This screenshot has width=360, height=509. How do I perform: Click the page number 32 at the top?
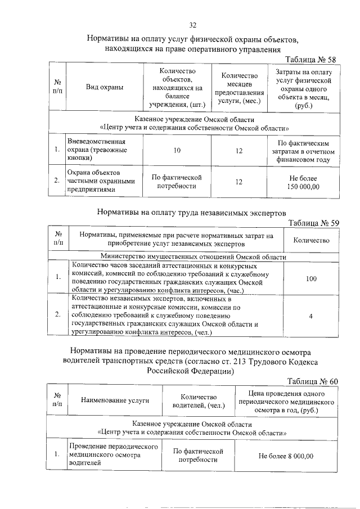(192, 25)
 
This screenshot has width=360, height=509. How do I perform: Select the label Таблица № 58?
(310, 60)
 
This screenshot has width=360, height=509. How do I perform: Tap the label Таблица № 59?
(312, 223)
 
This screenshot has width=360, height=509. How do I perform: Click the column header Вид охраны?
(104, 87)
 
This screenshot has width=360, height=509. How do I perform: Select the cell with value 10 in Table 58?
(177, 150)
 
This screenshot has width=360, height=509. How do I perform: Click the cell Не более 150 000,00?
(303, 182)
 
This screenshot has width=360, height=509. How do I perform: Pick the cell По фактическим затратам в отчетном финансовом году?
(303, 151)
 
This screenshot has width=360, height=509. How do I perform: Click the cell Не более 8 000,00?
(286, 456)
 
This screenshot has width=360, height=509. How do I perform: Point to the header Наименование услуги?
(115, 400)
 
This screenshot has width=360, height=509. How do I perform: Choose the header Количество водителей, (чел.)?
(199, 400)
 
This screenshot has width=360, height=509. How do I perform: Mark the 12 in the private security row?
(239, 182)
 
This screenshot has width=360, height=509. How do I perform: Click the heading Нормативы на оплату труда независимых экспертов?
(192, 213)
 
